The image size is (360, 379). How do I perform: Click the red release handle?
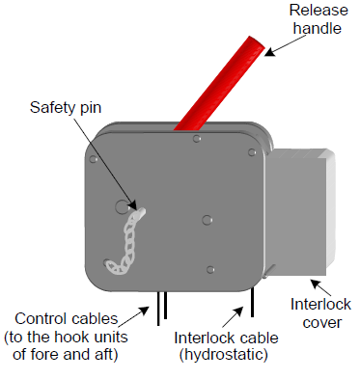tap(219, 84)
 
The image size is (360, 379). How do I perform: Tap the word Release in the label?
tap(318, 10)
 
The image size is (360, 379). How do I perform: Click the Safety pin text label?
tap(66, 107)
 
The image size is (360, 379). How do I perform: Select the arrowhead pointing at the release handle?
tap(269, 52)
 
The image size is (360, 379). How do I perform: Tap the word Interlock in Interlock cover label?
tap(320, 304)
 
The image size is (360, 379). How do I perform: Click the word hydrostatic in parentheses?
tap(224, 355)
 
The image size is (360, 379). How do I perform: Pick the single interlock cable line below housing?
tap(252, 302)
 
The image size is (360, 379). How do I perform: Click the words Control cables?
tap(67, 319)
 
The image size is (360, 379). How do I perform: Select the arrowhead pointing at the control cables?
tap(144, 311)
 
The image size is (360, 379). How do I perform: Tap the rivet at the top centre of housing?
tap(197, 139)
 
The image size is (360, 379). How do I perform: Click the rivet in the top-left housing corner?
tap(94, 159)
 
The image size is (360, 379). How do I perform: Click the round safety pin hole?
tap(122, 206)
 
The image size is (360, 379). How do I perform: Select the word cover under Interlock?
tap(322, 323)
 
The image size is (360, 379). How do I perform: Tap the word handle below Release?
tap(318, 28)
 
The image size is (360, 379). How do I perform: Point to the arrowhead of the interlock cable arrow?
tap(238, 311)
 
